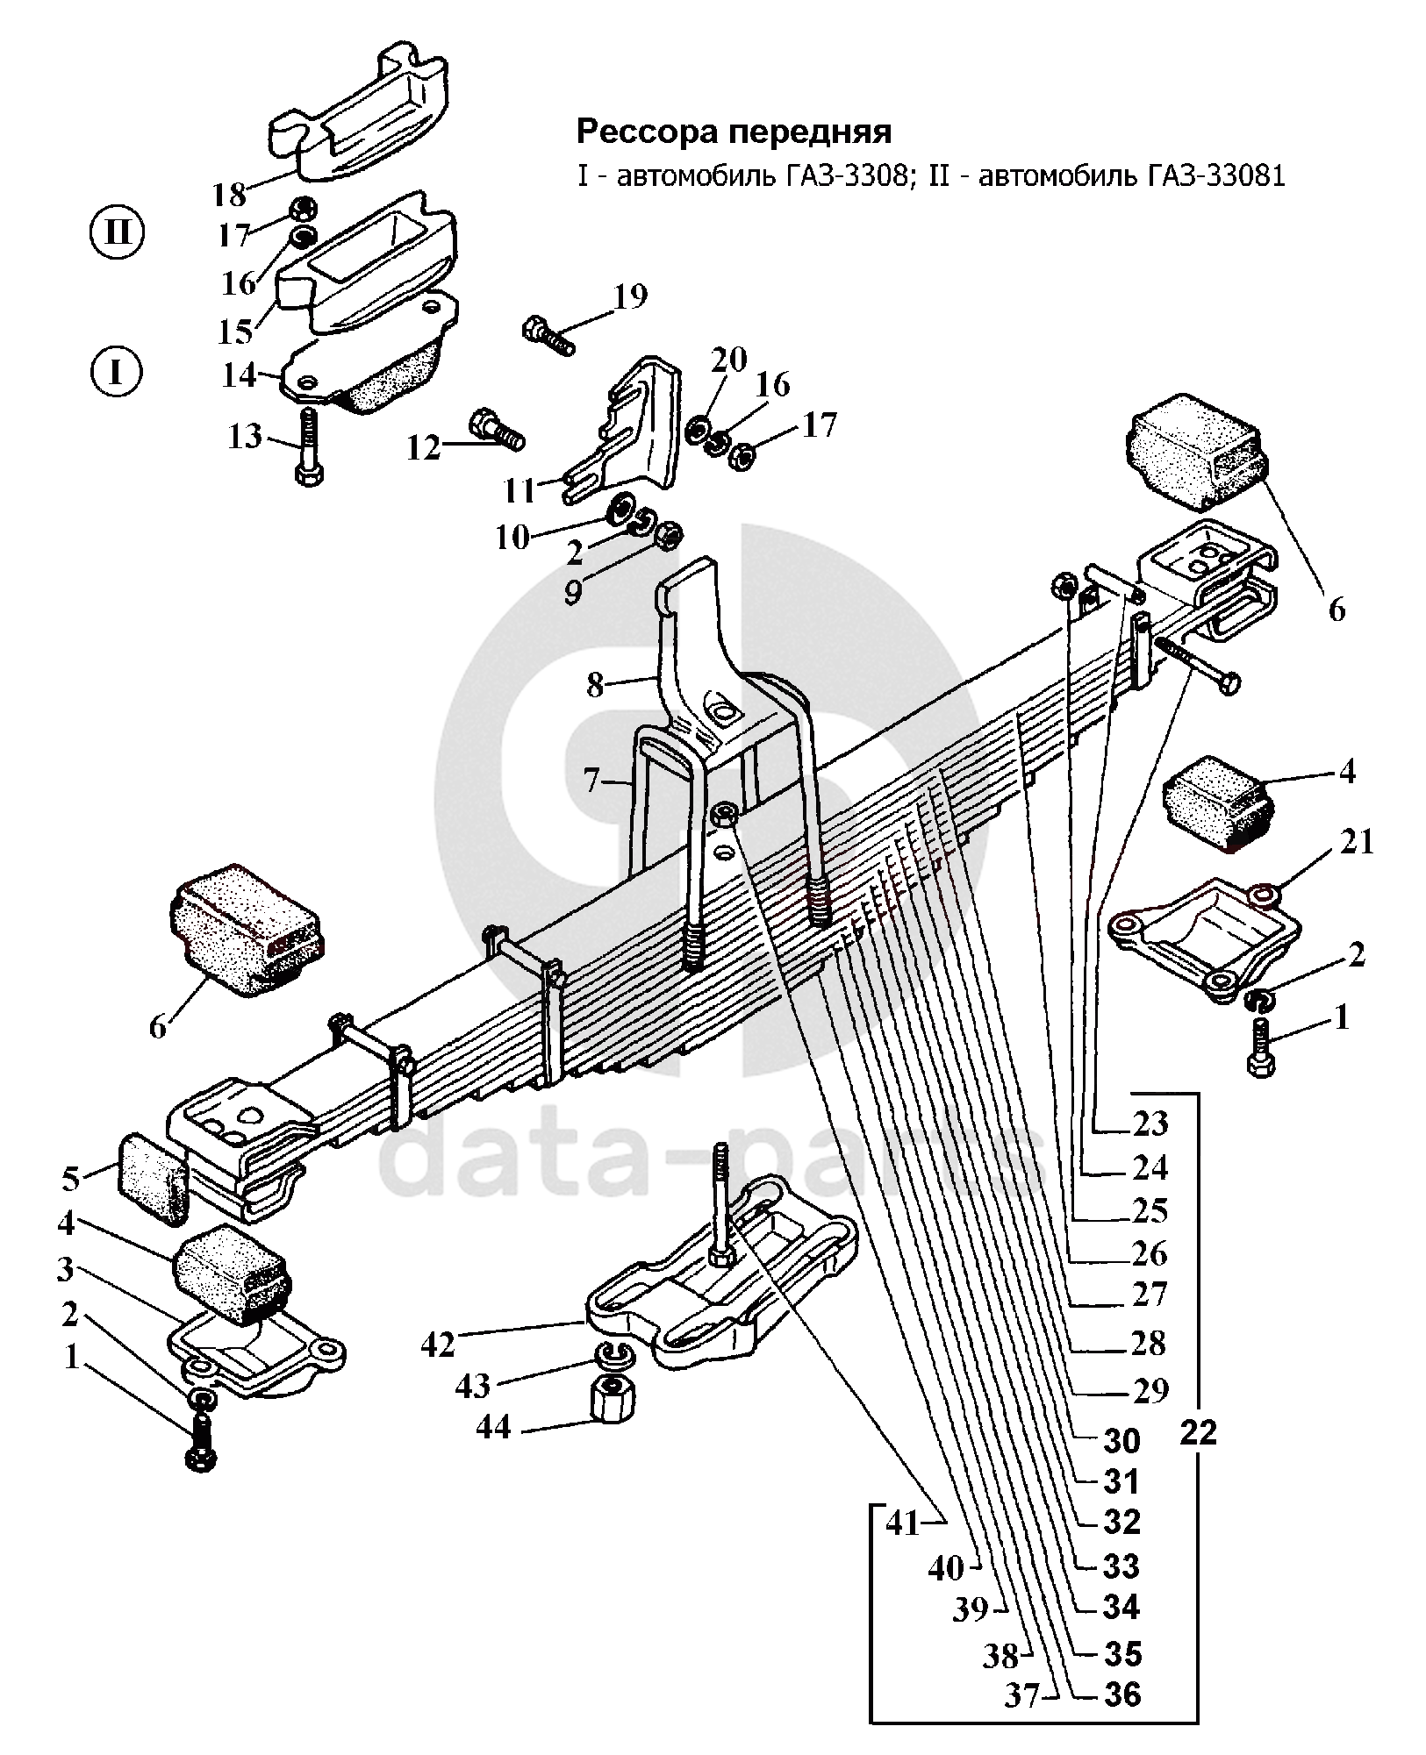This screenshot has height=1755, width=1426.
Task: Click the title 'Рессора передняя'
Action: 733,132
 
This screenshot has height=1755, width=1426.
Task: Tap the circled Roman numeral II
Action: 116,234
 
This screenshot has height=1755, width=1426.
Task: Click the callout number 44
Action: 493,1428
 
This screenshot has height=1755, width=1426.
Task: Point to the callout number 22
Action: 1199,1431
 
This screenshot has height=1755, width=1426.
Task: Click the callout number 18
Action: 229,194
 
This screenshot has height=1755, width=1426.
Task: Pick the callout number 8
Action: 596,685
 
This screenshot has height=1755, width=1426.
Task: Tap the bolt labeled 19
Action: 548,335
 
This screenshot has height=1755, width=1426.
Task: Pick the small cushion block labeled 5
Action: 152,1178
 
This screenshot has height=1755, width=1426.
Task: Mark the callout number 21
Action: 1355,842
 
